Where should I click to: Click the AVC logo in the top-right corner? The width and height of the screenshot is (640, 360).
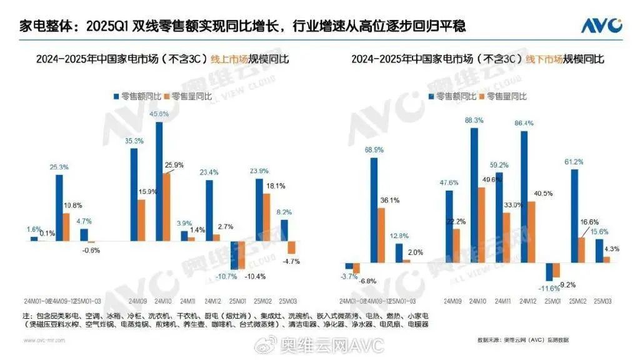tap(601, 26)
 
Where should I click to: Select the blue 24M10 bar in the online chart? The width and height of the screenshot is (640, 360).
tap(159, 181)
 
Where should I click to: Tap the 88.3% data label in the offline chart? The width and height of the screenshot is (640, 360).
tap(474, 121)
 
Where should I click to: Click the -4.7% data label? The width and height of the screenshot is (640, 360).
tap(291, 261)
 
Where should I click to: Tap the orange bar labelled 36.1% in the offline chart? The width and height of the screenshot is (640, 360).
tap(381, 234)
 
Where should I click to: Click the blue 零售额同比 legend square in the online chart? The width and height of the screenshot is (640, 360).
tap(116, 96)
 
